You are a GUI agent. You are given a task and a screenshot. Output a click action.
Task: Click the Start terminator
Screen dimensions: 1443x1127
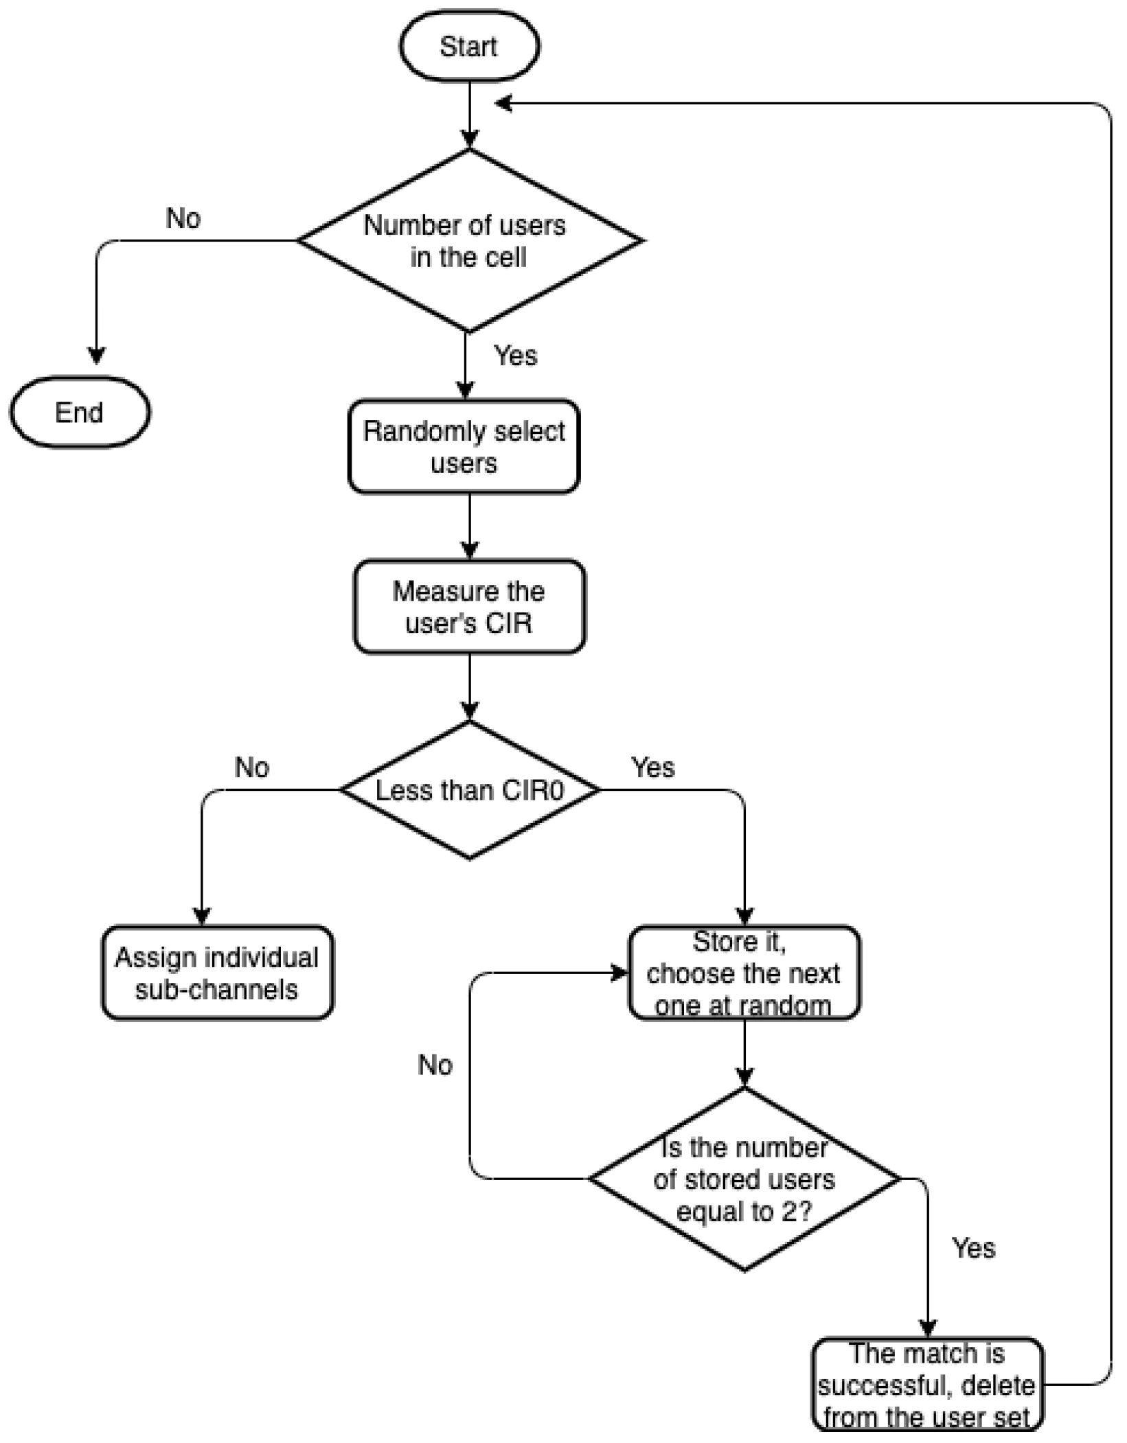(x=469, y=46)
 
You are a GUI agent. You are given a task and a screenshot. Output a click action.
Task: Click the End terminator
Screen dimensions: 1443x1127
(x=80, y=412)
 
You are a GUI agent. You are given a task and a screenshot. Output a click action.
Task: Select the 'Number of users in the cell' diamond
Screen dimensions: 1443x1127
(x=469, y=240)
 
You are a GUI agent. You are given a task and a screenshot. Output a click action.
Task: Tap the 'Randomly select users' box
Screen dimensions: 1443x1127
(x=464, y=446)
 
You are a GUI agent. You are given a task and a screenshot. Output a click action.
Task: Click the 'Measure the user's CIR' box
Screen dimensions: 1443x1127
(x=469, y=607)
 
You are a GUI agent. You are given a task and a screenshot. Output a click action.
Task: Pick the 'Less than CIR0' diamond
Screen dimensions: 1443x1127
(x=469, y=790)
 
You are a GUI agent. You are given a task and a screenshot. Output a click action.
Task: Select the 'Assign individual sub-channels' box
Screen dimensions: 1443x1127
(x=217, y=973)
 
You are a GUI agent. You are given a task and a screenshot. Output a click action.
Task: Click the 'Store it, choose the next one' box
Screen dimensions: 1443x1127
(x=744, y=973)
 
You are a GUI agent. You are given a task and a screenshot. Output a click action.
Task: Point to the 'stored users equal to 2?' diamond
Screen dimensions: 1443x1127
(x=744, y=1179)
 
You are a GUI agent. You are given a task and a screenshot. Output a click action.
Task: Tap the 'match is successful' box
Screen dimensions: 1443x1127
(x=927, y=1385)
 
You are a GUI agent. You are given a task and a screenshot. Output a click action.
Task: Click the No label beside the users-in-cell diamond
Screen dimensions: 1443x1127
(x=183, y=218)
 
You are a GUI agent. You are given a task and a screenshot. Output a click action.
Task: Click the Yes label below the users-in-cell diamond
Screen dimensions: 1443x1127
(x=515, y=356)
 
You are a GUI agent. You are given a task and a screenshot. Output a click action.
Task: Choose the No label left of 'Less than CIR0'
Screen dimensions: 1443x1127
(x=252, y=767)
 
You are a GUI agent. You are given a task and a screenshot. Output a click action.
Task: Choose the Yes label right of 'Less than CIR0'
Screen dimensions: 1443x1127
(x=652, y=767)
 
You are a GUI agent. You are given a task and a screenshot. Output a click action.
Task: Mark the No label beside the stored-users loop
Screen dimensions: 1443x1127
(x=435, y=1065)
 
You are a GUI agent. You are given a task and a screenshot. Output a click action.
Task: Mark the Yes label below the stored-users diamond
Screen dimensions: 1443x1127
(x=973, y=1248)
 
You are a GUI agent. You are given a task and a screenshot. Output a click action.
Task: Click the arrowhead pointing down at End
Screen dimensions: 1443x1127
(x=96, y=356)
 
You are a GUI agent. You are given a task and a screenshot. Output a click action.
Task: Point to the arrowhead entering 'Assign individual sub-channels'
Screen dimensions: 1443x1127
(x=201, y=916)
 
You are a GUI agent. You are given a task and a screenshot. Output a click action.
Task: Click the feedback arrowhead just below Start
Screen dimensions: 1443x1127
(x=503, y=104)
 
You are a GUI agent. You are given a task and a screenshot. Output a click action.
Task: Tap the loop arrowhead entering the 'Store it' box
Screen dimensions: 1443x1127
(x=620, y=973)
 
